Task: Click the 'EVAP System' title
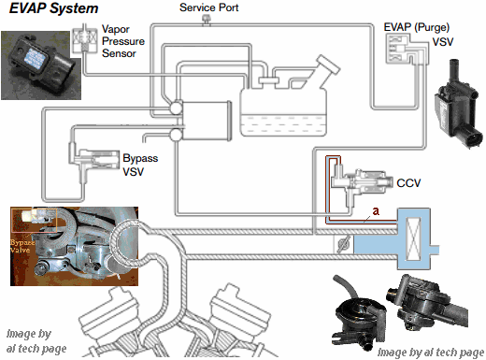tap(53, 8)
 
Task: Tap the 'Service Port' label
tap(208, 7)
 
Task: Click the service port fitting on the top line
tap(206, 20)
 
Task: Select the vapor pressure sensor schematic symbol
tap(84, 38)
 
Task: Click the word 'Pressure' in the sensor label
tap(123, 41)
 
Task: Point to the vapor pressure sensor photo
tap(41, 65)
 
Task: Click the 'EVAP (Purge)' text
tap(416, 27)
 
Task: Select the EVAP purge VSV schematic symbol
tap(407, 50)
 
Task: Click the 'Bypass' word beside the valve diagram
tap(140, 158)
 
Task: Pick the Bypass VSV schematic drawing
tap(93, 162)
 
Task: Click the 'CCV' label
tap(408, 182)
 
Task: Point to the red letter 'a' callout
tap(376, 211)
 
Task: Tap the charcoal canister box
tap(207, 121)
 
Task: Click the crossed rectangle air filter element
tap(413, 239)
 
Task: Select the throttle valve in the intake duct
tap(343, 244)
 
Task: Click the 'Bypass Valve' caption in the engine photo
tap(21, 246)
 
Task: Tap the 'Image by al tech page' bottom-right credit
tap(431, 353)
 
